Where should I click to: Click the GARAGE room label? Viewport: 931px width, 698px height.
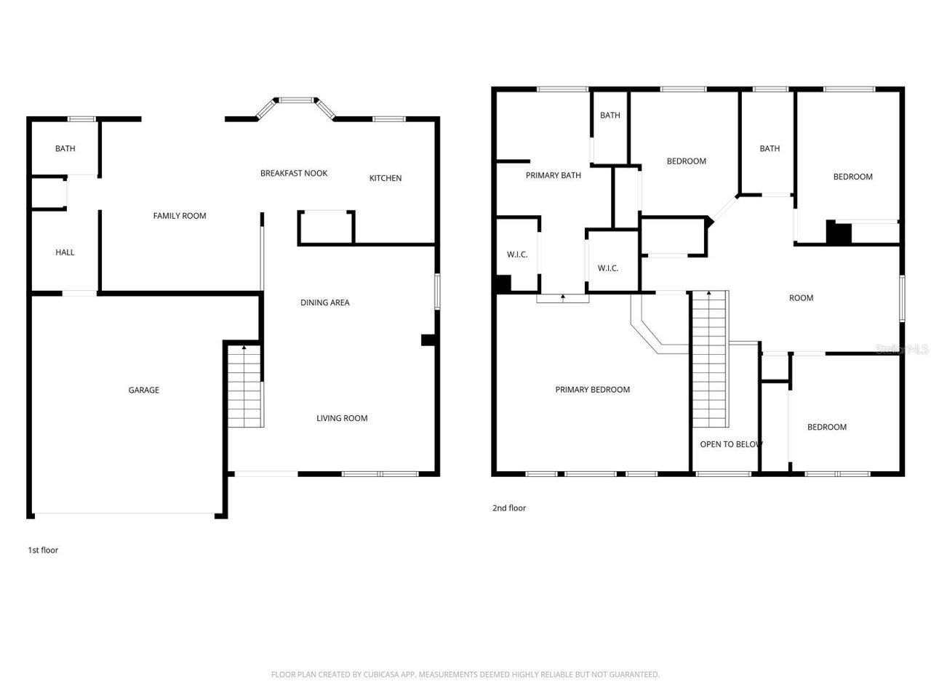point(143,390)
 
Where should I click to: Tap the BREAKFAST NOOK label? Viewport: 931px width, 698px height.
point(294,173)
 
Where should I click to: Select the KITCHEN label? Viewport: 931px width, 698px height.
point(385,178)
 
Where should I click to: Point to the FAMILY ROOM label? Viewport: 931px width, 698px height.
point(179,216)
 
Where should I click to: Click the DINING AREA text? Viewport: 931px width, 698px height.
point(324,302)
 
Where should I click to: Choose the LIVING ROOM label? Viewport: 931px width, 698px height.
point(342,418)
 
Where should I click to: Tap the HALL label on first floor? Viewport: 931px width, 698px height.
point(65,252)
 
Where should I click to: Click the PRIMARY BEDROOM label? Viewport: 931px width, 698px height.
point(592,390)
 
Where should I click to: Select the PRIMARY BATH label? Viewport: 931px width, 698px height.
point(553,175)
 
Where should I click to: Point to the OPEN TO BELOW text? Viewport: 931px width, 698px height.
point(731,444)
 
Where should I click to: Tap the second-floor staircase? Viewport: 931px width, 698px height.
point(709,360)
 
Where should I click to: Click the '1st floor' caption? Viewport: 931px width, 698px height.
point(43,550)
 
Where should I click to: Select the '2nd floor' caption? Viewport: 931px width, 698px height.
point(508,508)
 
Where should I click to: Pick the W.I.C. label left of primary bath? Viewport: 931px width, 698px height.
point(517,254)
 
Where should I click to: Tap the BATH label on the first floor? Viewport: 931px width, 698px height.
point(65,148)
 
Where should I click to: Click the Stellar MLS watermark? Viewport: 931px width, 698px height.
point(902,350)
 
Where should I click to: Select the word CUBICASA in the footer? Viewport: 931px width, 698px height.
point(383,675)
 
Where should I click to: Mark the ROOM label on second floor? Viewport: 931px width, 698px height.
point(801,298)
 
